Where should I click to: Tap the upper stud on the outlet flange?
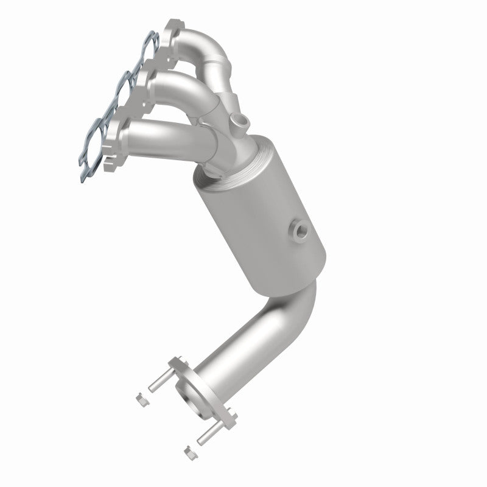point(156,377)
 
